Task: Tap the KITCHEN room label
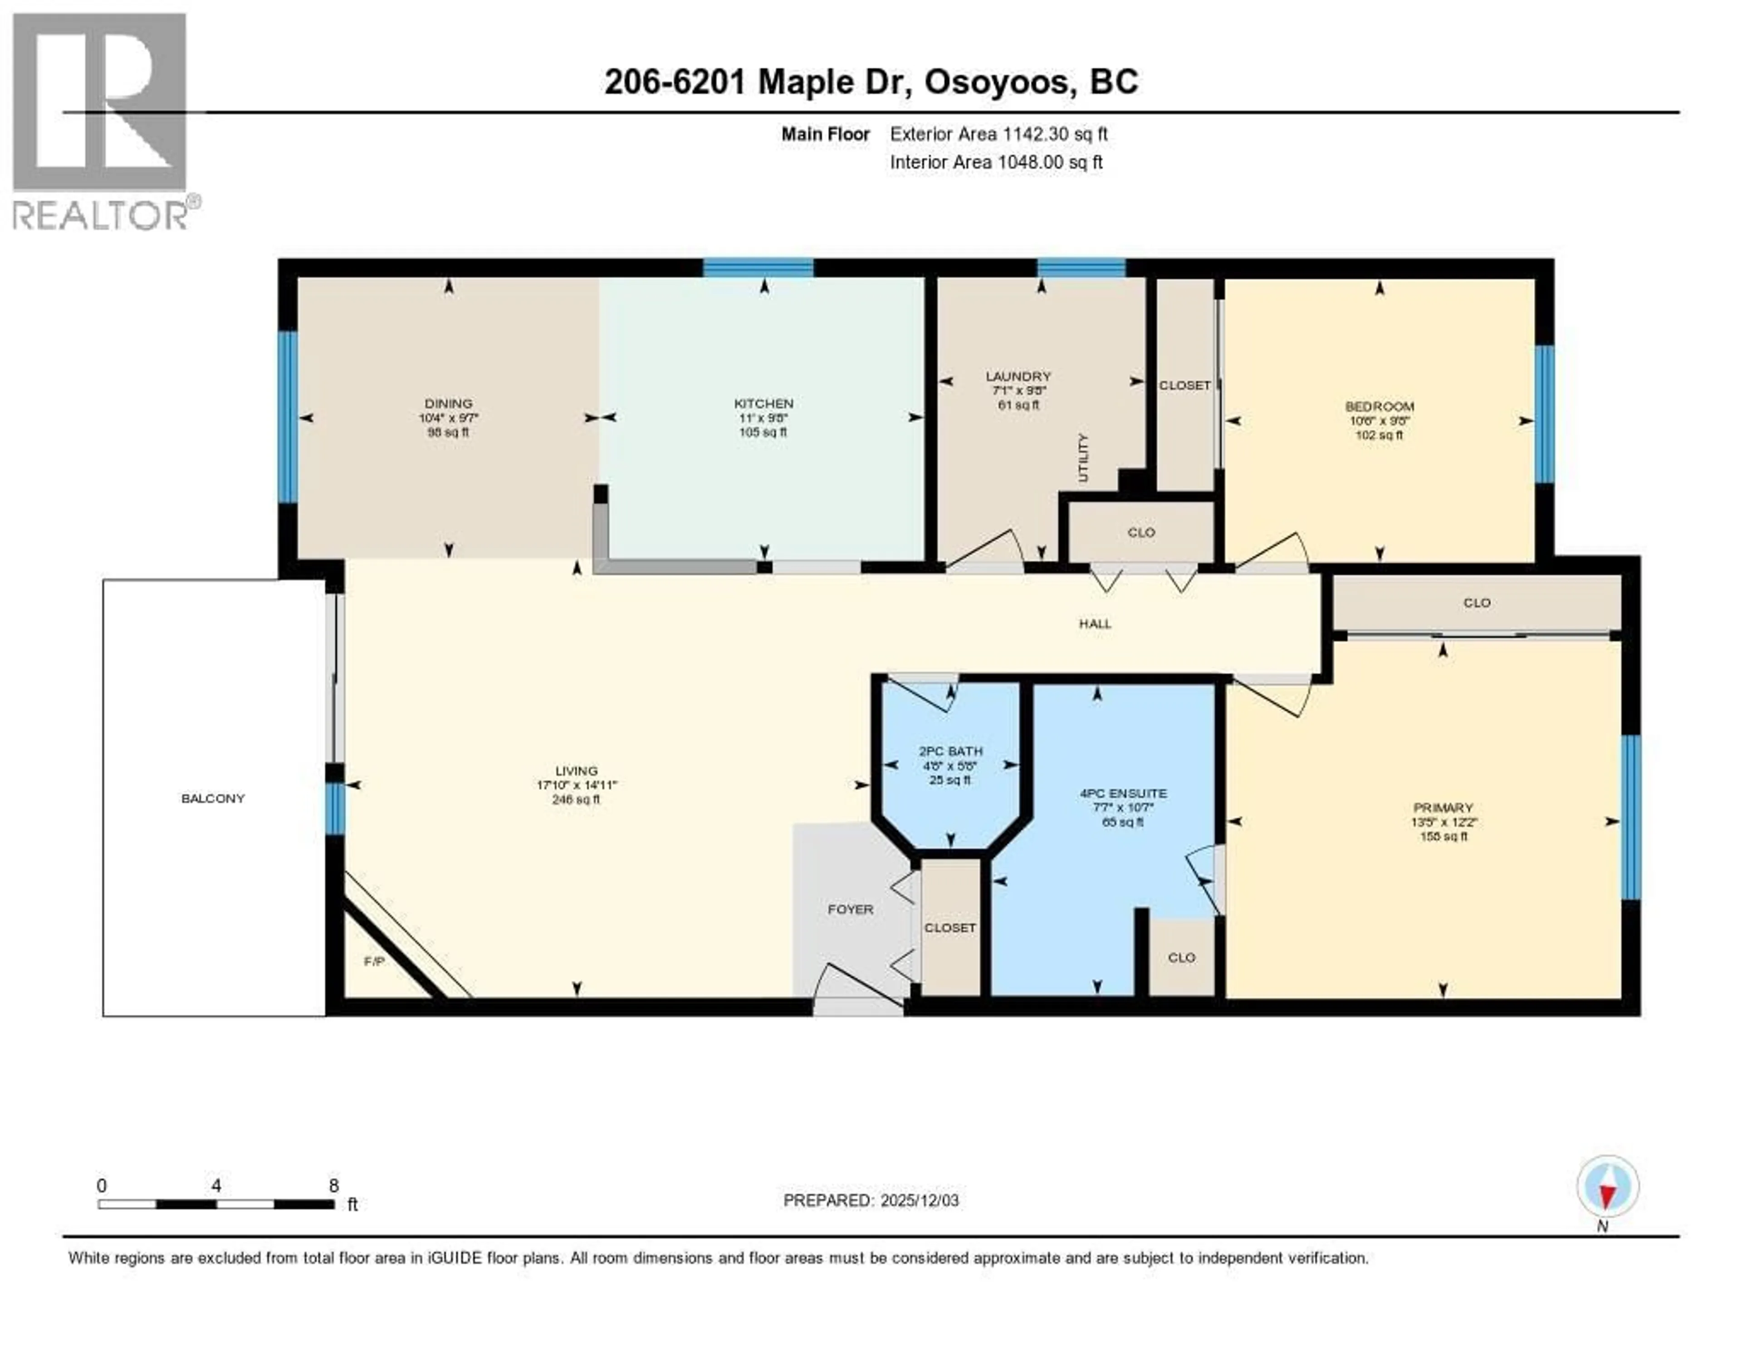click(763, 404)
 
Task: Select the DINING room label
click(448, 404)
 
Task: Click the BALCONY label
click(213, 798)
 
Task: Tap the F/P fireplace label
click(374, 961)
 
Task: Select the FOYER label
click(850, 909)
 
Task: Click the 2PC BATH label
click(950, 751)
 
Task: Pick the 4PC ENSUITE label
click(1123, 793)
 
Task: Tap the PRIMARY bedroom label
click(1442, 808)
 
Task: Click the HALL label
click(1095, 624)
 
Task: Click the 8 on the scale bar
click(333, 1185)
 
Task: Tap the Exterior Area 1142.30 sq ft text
click(998, 134)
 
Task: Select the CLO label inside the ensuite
click(1181, 958)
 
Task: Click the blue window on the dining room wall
click(287, 417)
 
